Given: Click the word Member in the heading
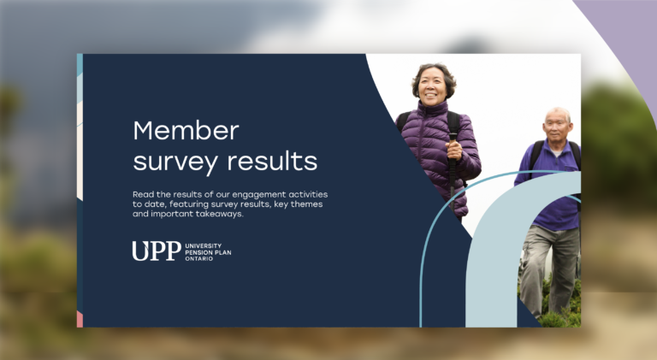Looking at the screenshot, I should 186,131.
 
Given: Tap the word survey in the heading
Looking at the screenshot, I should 176,160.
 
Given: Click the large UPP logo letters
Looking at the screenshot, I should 156,251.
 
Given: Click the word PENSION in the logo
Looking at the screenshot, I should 198,251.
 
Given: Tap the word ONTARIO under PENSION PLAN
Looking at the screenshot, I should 199,258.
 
